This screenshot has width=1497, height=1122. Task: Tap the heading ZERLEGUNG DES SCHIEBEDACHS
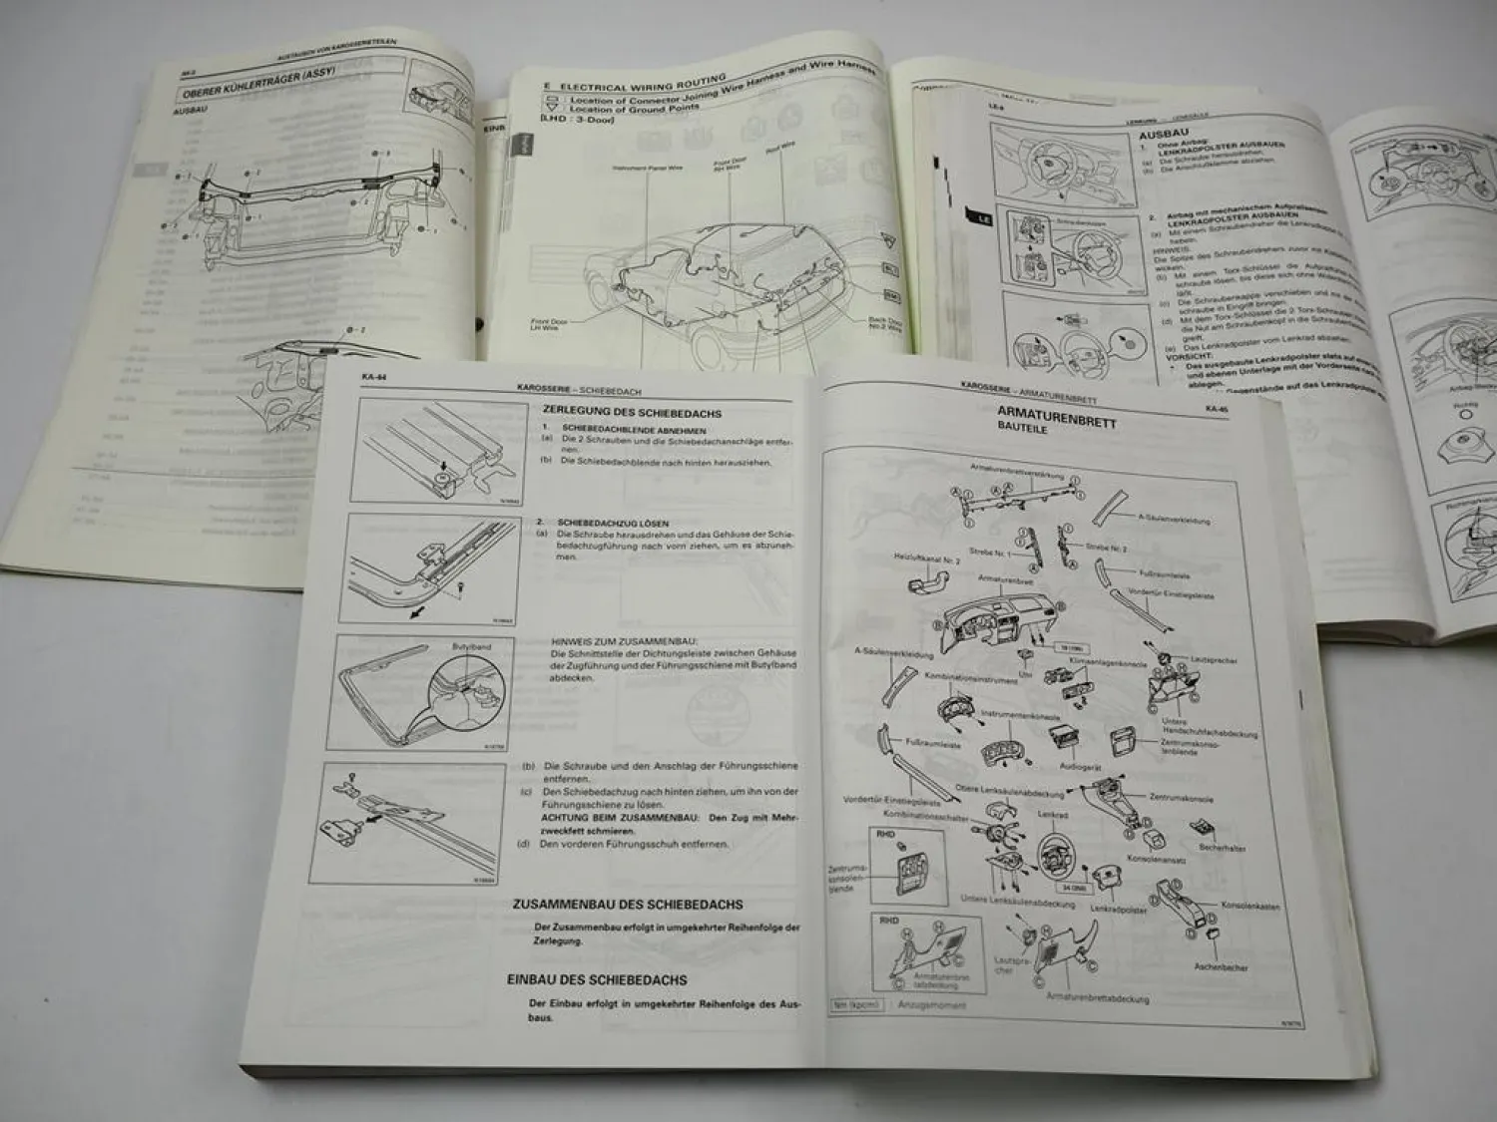point(631,412)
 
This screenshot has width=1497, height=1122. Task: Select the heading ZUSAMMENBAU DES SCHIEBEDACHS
point(627,905)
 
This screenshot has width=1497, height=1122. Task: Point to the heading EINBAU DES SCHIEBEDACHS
point(597,980)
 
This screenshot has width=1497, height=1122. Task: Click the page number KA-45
point(1216,408)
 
